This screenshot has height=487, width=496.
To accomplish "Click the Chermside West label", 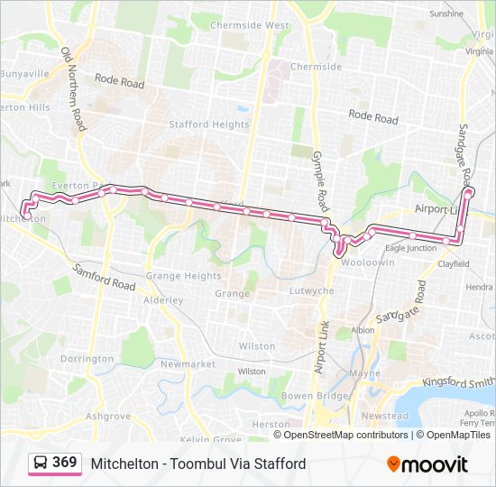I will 250,26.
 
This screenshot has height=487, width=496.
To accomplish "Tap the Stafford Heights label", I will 209,124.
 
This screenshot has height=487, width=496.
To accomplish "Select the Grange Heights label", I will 183,276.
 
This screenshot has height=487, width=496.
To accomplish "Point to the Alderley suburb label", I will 163,299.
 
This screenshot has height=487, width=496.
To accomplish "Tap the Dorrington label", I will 87,359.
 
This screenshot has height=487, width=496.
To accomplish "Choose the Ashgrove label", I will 108,417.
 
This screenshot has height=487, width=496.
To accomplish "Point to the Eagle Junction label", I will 410,248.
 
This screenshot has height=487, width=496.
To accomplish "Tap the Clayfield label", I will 454,264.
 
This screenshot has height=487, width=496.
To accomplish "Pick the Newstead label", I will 385,416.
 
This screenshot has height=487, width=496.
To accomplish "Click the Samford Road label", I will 105,277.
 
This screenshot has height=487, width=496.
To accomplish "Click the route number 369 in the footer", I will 64,463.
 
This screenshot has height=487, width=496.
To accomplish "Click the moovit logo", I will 427,464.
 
